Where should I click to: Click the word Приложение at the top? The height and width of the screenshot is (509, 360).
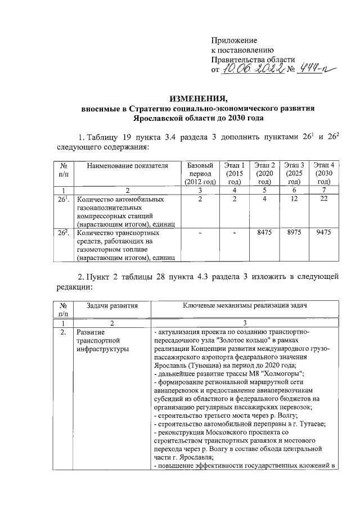[x=234, y=41]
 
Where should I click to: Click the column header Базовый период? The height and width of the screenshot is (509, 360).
[x=200, y=173]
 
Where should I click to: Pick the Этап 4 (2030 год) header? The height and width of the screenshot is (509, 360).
[x=322, y=173]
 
